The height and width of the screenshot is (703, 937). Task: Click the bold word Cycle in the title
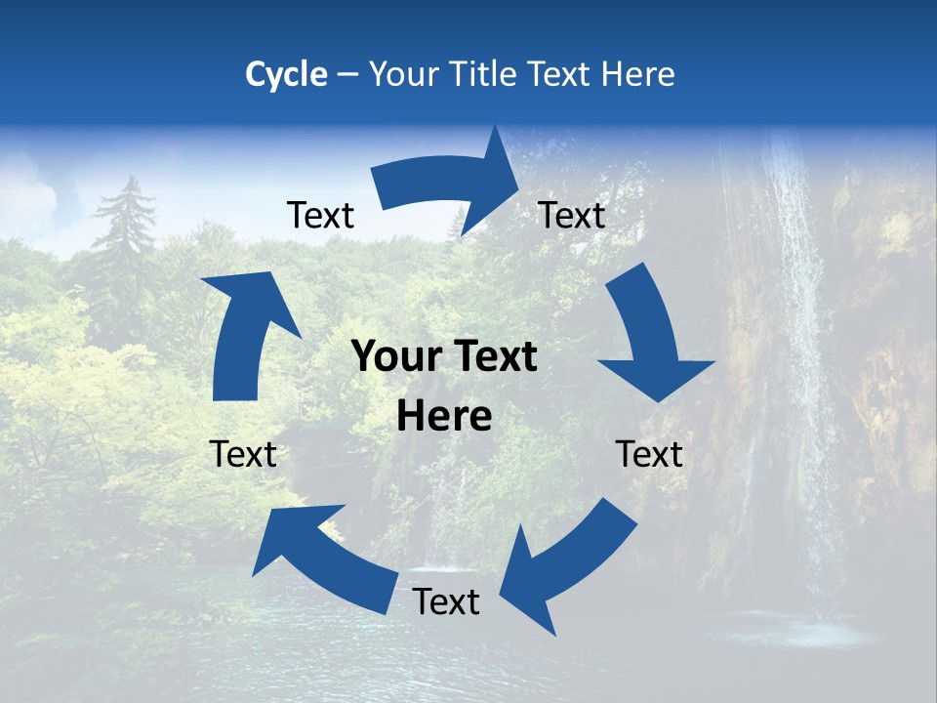(x=286, y=74)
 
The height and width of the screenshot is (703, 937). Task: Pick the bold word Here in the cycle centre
(x=445, y=417)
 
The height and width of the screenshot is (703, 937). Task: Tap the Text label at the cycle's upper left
(x=320, y=215)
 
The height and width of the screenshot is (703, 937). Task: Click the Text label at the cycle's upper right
(x=572, y=215)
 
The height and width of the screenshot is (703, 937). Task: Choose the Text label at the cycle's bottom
(x=446, y=601)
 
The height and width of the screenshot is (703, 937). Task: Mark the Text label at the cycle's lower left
(x=243, y=454)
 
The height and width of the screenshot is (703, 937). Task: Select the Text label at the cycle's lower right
(x=650, y=454)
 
